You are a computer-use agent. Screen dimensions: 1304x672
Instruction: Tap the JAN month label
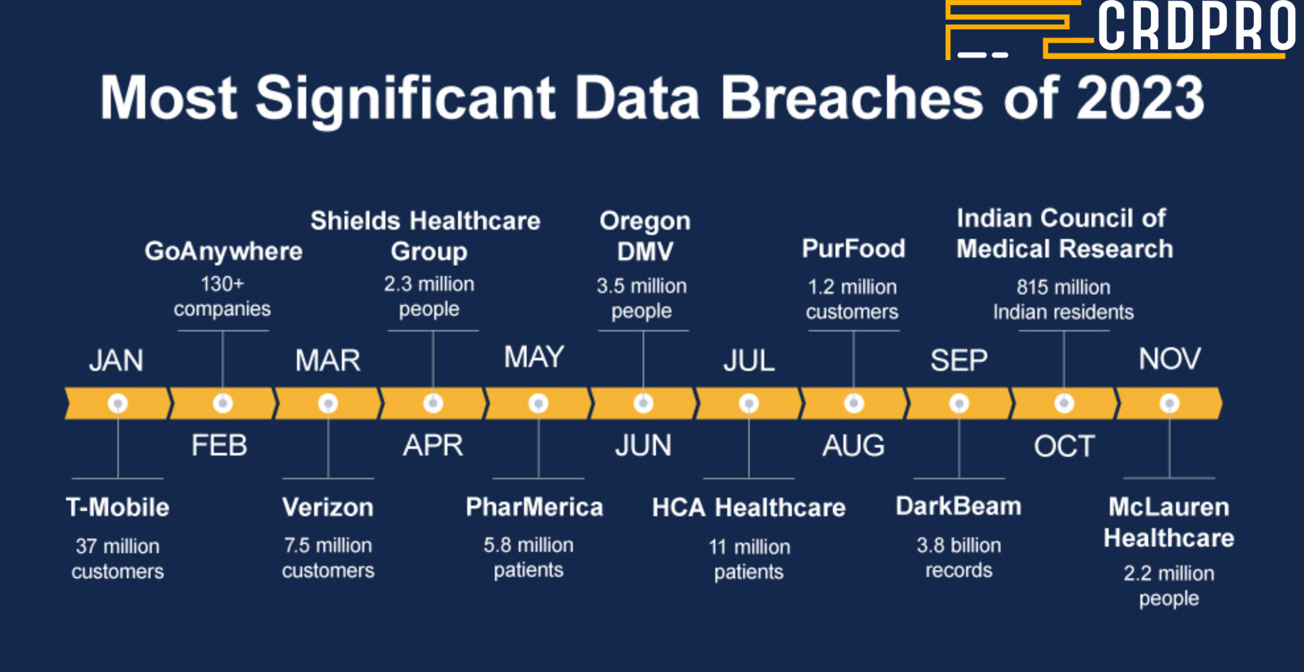[x=116, y=360]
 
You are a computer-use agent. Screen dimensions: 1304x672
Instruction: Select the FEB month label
[x=219, y=446]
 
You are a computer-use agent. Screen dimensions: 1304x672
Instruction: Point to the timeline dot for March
[x=328, y=403]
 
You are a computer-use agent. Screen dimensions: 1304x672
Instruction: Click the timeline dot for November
[x=1169, y=403]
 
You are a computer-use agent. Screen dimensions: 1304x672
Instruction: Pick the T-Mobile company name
[x=117, y=507]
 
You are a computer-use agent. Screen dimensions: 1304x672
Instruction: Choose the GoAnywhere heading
[x=223, y=252]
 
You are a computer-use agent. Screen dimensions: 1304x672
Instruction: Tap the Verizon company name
[x=328, y=507]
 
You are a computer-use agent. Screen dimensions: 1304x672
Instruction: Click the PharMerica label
[x=535, y=507]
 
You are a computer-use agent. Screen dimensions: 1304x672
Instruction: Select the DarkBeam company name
[x=958, y=506]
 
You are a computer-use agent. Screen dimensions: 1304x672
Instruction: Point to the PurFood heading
[x=853, y=249]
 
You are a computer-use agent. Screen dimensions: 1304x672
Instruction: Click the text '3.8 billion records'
[x=959, y=558]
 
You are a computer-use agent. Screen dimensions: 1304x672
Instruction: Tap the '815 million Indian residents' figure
[x=1064, y=300]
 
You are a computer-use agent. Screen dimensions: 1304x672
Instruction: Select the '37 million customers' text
[x=117, y=558]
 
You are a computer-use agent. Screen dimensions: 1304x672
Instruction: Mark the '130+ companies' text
[x=222, y=296]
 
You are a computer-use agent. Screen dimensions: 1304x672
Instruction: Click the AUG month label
[x=853, y=446]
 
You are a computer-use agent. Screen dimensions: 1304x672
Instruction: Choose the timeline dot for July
[x=748, y=403]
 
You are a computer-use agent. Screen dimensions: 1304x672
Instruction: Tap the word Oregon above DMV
[x=645, y=220]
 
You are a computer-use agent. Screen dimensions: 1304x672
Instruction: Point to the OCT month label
[x=1064, y=447]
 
